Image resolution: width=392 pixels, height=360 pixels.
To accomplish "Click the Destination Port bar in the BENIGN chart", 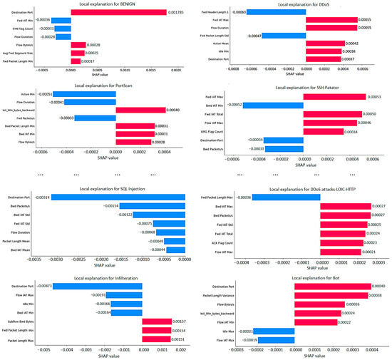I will (x=118, y=13).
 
